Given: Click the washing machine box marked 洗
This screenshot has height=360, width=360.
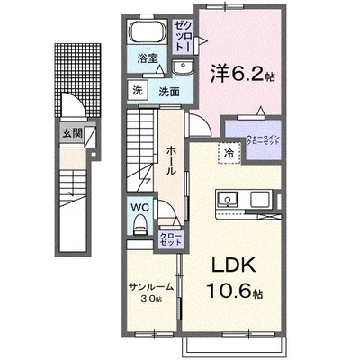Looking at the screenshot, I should tap(138, 90).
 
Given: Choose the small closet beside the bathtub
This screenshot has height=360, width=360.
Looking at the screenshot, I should tap(184, 34).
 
